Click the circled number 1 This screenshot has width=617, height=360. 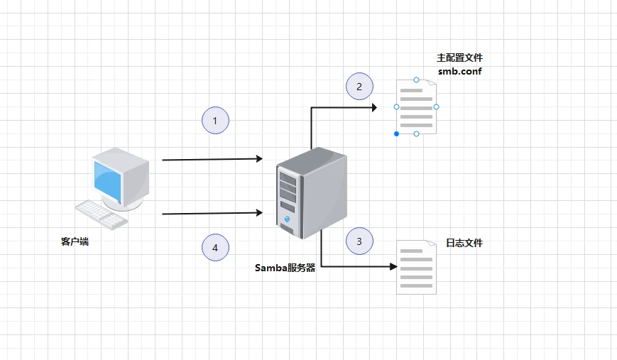[x=215, y=121]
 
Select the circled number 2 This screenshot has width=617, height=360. [x=359, y=86]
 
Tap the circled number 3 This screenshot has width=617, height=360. [x=359, y=241]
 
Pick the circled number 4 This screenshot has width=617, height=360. [x=215, y=248]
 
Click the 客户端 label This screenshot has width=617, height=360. [x=75, y=241]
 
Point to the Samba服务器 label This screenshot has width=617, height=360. [x=285, y=268]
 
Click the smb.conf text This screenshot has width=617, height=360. [x=459, y=71]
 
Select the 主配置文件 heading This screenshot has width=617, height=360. [x=459, y=58]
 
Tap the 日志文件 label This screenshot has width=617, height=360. [x=464, y=243]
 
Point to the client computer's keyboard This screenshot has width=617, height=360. [x=102, y=215]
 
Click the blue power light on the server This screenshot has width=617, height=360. [x=287, y=219]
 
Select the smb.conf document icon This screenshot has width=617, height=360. [x=416, y=107]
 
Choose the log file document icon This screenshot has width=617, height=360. [x=416, y=267]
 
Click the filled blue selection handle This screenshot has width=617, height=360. [x=397, y=133]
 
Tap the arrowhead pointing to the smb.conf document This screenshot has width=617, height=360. [x=373, y=107]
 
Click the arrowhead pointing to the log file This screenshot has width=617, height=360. [x=393, y=266]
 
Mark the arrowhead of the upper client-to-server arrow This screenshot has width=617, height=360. [x=259, y=158]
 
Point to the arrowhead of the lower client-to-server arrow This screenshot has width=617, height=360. [x=259, y=213]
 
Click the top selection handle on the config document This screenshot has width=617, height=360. [x=416, y=80]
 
